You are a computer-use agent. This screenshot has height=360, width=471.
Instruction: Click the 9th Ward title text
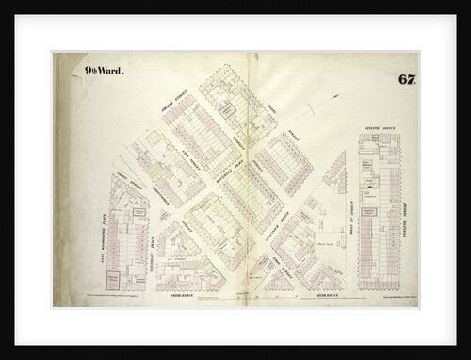click(x=100, y=70)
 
